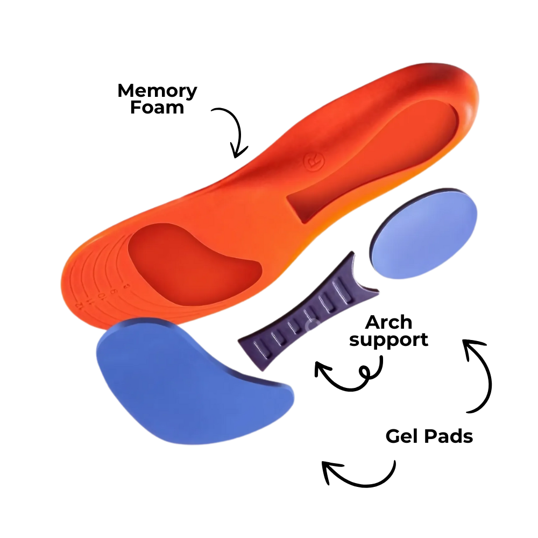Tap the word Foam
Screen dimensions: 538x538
(x=157, y=107)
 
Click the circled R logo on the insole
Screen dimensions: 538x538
(x=311, y=162)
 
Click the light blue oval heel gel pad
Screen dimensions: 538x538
(x=424, y=235)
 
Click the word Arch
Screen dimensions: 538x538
(x=388, y=323)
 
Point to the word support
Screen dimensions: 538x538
(x=388, y=339)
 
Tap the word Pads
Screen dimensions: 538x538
(x=450, y=436)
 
